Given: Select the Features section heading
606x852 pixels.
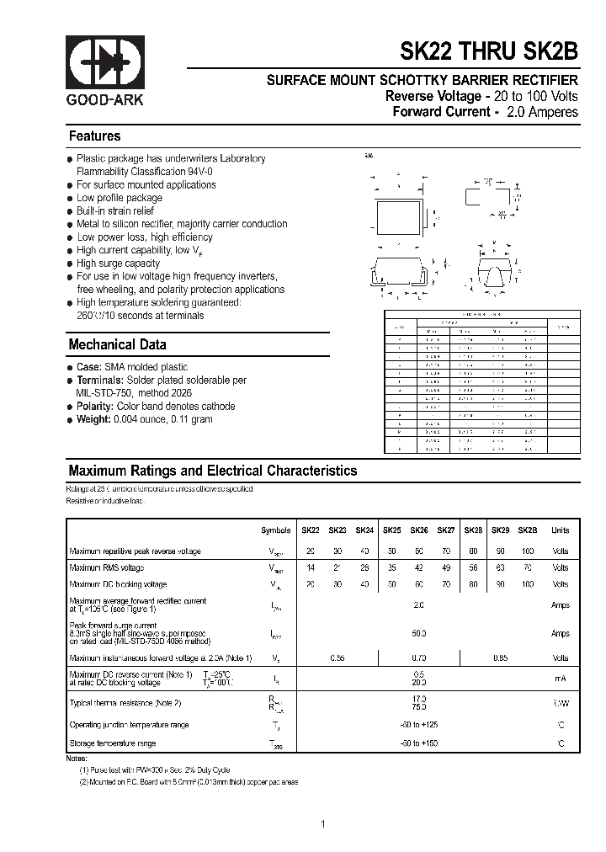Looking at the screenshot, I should click(x=94, y=136).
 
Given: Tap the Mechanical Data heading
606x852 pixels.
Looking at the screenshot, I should click(x=117, y=344).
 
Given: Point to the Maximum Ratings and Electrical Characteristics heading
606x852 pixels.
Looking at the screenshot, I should click(x=212, y=471).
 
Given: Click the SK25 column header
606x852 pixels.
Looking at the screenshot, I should click(x=392, y=531).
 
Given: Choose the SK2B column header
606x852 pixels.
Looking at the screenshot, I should click(x=528, y=531).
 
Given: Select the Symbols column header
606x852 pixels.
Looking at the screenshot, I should click(x=275, y=531).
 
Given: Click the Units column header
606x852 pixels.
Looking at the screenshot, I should click(x=561, y=531).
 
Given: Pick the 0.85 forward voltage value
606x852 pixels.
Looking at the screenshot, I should click(x=500, y=658).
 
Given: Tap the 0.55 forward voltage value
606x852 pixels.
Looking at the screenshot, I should click(x=337, y=658).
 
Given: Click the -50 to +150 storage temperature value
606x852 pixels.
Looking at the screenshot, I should click(x=418, y=744).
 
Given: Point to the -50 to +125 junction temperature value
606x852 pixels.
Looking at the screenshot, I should click(x=418, y=725).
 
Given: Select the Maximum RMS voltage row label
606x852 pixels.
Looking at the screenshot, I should click(x=107, y=568).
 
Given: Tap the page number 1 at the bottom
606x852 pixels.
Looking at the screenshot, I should click(x=323, y=823).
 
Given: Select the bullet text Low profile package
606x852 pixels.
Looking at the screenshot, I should click(x=120, y=198).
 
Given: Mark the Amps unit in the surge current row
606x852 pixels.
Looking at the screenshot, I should click(x=561, y=633).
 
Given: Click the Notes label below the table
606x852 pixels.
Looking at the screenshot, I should click(x=77, y=758).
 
